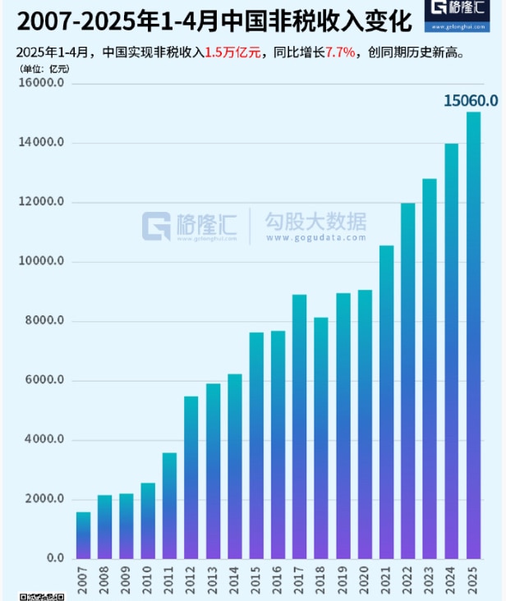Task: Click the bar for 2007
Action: tap(84, 535)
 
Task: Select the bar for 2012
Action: tap(191, 477)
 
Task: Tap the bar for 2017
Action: tap(300, 426)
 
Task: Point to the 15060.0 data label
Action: tap(471, 100)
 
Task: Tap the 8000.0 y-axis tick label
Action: tap(44, 321)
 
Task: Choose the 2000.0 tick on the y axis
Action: tap(44, 499)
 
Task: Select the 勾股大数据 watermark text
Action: tap(315, 222)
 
